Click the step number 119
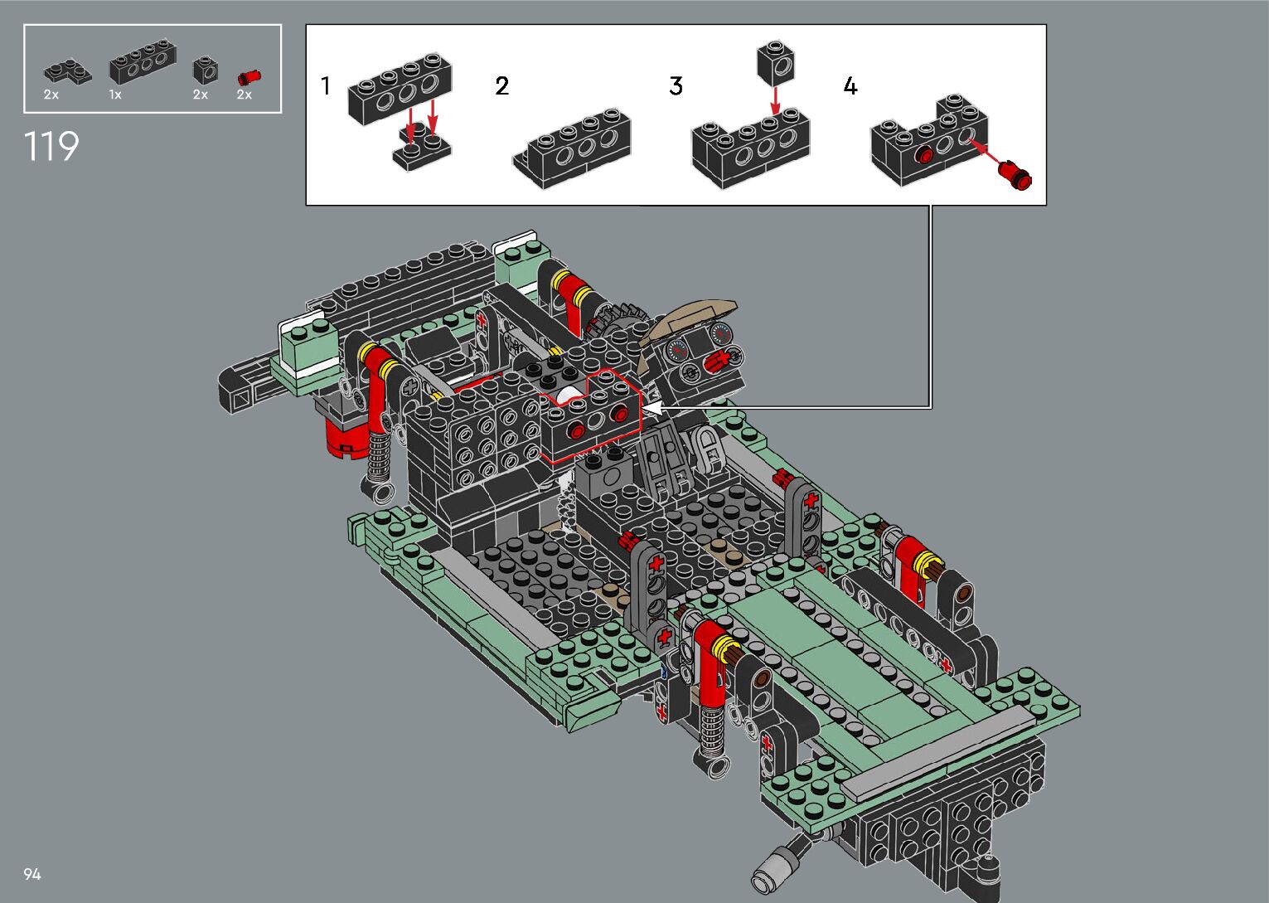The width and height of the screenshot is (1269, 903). click(51, 146)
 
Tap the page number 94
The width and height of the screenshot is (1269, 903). click(32, 874)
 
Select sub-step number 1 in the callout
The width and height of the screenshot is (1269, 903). click(325, 85)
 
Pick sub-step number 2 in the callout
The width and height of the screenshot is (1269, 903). click(502, 85)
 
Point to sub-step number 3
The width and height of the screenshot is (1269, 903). click(676, 85)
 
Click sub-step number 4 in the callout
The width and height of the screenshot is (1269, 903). click(850, 85)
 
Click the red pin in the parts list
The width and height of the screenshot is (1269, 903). click(249, 77)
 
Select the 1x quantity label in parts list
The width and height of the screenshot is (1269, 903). click(115, 95)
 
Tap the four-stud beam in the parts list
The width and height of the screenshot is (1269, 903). click(143, 61)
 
